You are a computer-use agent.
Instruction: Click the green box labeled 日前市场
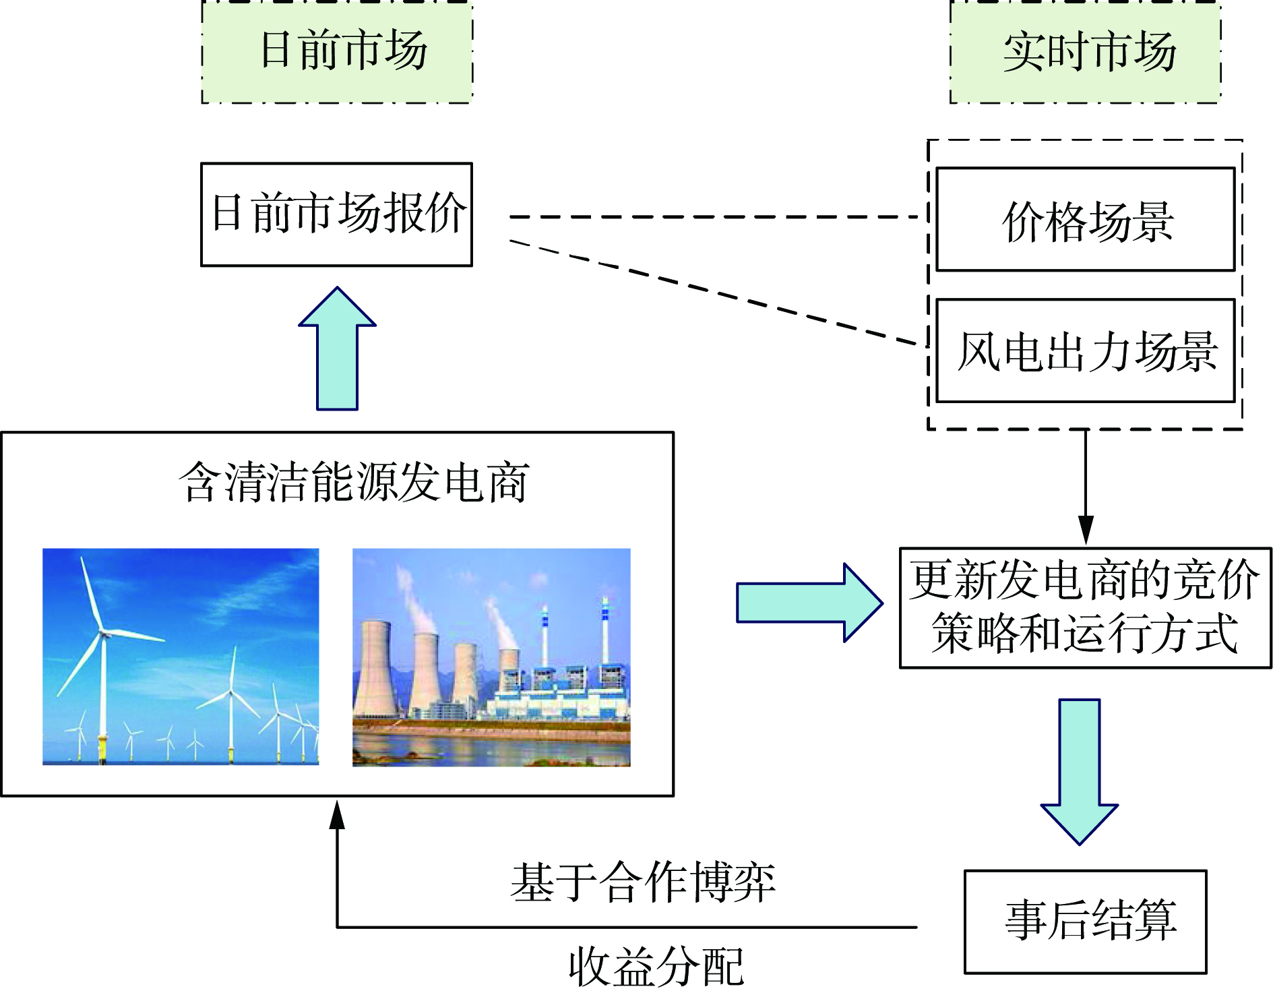337,52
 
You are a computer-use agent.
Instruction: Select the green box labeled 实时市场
1085,52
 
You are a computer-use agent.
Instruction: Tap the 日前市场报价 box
337,214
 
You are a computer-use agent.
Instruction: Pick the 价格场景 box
1085,220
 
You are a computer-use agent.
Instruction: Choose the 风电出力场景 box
1085,351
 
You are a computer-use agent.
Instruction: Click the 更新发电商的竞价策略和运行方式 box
1085,607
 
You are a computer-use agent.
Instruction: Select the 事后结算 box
1085,922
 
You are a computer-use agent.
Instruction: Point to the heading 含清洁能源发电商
354,482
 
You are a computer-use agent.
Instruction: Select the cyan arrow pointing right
809,602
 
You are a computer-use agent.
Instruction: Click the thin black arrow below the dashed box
1085,485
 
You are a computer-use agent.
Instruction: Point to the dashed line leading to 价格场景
714,217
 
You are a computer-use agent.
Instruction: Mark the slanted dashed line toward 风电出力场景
714,293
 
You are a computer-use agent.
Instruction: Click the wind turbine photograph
181,657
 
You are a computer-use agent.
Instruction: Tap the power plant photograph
491,657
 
